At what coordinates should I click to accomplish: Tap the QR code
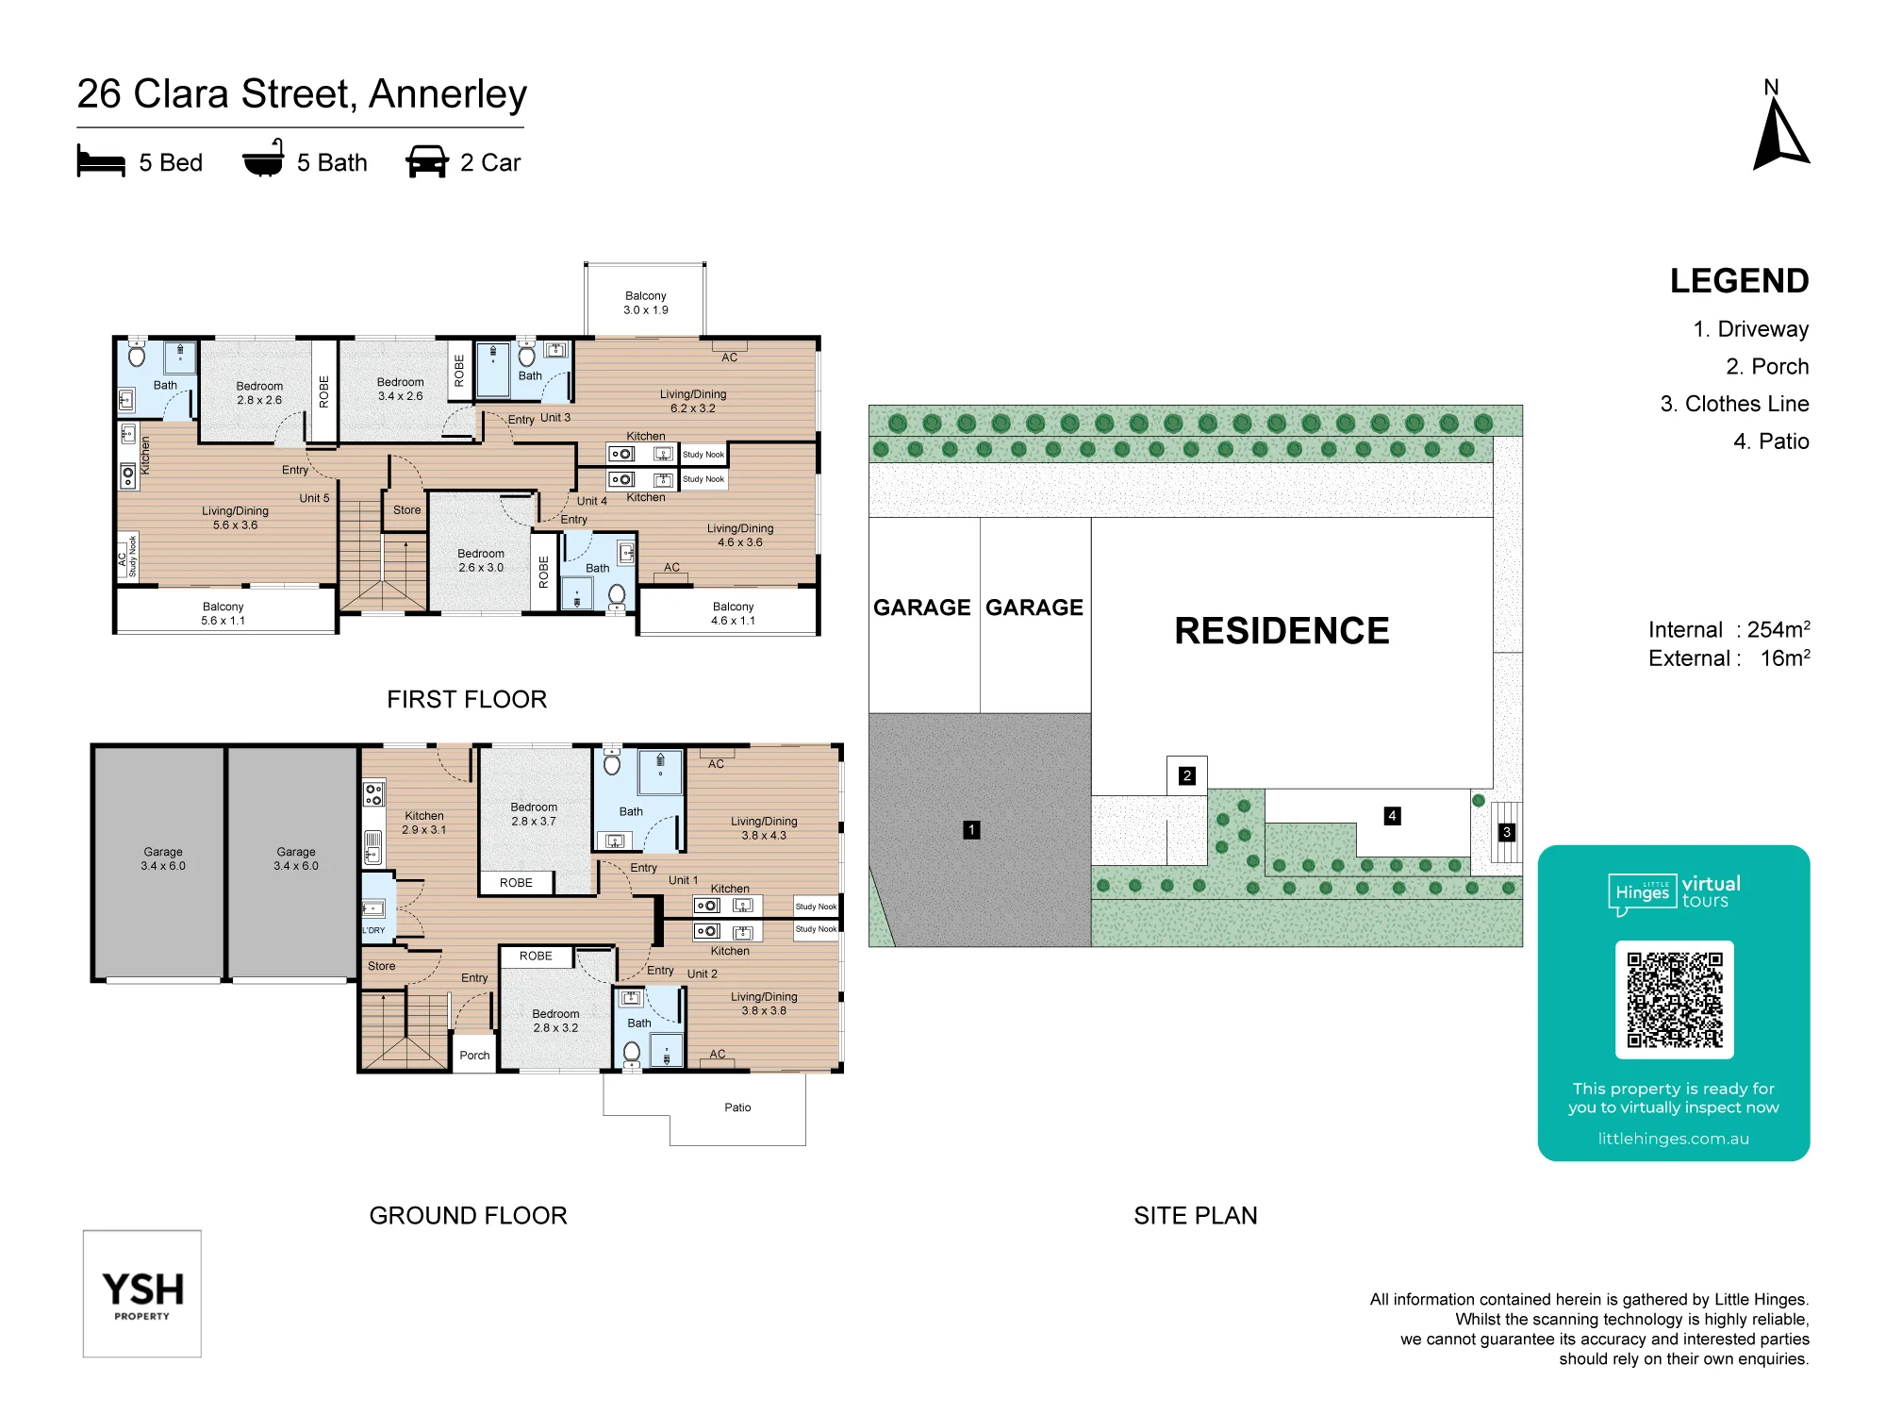(1674, 1000)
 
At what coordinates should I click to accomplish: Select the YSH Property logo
(142, 1293)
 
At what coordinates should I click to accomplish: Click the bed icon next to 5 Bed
(101, 161)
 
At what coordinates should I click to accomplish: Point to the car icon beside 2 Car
(427, 161)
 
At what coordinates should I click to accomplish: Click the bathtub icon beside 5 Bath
(263, 159)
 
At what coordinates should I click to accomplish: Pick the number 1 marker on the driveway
(971, 830)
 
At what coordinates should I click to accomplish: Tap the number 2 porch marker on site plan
(1187, 775)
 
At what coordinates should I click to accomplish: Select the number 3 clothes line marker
(1507, 832)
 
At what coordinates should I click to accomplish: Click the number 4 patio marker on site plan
(1392, 816)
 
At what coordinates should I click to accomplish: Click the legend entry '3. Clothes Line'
(1734, 404)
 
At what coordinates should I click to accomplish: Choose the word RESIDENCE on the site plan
(1282, 631)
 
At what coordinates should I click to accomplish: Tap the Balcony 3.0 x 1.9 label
(646, 303)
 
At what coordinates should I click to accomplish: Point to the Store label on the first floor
(407, 510)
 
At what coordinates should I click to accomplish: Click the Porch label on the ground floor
(474, 1056)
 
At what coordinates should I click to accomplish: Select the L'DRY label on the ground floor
(374, 930)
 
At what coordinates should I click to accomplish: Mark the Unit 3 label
(555, 417)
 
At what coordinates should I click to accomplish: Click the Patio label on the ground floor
(737, 1107)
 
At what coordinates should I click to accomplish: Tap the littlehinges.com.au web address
(1673, 1139)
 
